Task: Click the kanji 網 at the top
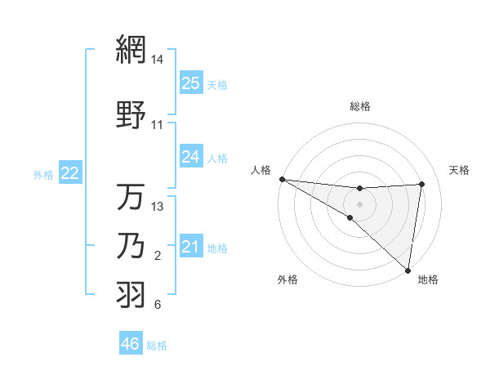(x=131, y=51)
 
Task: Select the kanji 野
(x=131, y=116)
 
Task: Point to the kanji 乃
(x=131, y=247)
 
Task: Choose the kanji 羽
(x=131, y=295)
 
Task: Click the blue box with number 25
(x=190, y=83)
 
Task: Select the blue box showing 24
(x=190, y=156)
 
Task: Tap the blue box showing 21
(x=190, y=246)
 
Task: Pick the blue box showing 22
(x=70, y=172)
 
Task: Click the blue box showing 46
(x=131, y=344)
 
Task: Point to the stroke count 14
(x=158, y=60)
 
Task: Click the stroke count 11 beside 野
(x=158, y=125)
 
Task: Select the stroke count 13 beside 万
(x=158, y=207)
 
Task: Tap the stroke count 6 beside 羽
(x=158, y=305)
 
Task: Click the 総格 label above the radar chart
(x=360, y=106)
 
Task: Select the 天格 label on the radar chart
(x=459, y=170)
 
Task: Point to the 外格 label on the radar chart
(x=287, y=279)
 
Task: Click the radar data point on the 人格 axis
(x=282, y=179)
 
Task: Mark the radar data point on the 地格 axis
(x=408, y=269)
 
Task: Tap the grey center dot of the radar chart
(x=359, y=203)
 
